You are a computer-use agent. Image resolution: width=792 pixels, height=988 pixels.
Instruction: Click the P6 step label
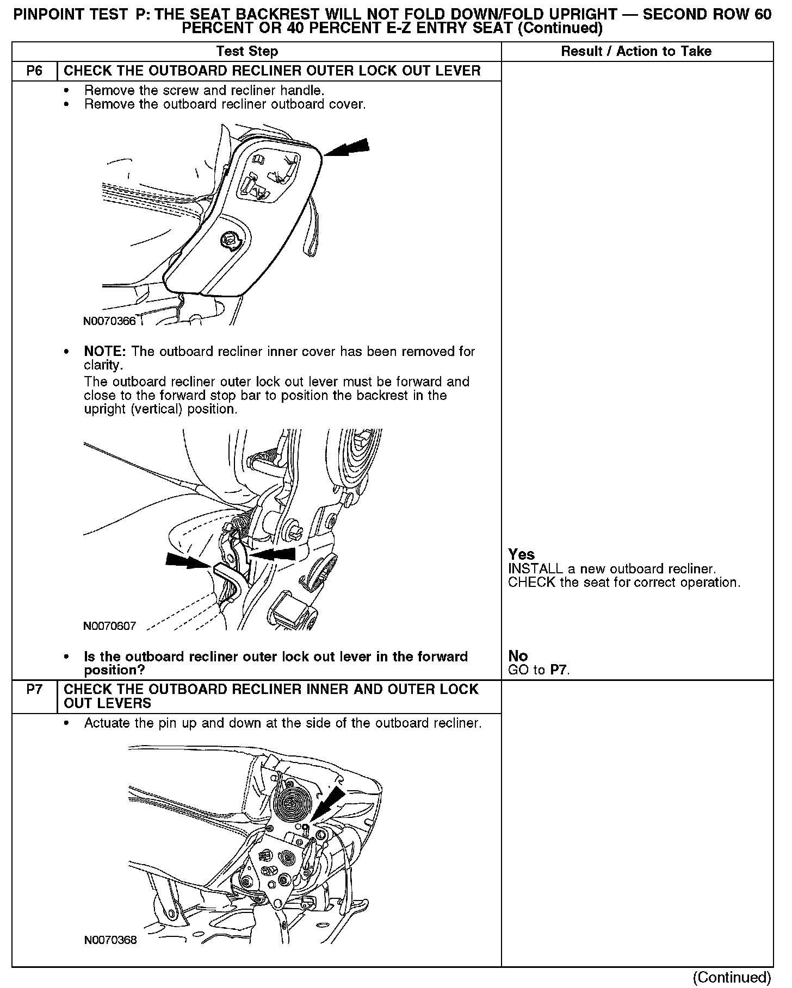click(34, 71)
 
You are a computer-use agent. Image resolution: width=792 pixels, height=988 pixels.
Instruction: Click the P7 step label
click(34, 690)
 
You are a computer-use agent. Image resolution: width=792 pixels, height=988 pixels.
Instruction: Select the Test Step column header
click(247, 52)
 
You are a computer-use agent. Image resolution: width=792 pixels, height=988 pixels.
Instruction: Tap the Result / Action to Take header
click(636, 52)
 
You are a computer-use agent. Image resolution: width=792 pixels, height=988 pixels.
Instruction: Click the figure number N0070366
click(109, 321)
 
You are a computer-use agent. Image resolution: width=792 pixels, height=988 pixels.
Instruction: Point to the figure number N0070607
click(109, 626)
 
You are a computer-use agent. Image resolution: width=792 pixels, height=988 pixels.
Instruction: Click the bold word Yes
click(521, 554)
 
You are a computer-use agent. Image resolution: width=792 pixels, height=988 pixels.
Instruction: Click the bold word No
click(518, 656)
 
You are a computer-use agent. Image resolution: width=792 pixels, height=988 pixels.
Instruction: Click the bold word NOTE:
click(105, 352)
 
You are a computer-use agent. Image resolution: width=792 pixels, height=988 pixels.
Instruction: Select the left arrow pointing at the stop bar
click(188, 561)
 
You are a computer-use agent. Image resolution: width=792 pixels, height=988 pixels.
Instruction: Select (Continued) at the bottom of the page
click(732, 977)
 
